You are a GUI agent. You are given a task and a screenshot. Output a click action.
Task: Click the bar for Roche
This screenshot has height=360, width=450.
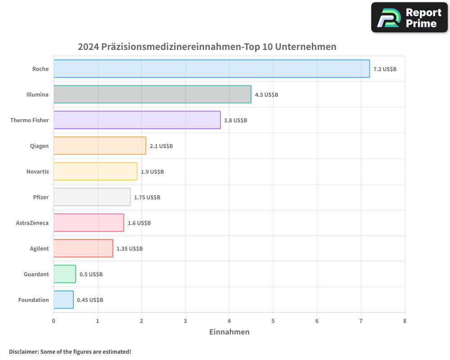(x=211, y=69)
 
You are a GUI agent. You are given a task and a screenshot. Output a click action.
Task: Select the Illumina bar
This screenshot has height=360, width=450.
(x=152, y=94)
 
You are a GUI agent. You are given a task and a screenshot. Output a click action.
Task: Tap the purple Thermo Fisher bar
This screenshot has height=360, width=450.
(x=137, y=120)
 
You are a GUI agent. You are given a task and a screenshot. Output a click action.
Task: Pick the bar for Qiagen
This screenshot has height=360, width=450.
(x=99, y=146)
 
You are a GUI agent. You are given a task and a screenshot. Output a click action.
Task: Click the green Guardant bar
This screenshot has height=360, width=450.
(x=64, y=274)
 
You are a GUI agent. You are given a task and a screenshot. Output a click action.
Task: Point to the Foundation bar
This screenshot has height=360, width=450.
(x=63, y=300)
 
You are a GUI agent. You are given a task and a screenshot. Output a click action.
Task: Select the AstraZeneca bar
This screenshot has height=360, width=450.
(x=89, y=223)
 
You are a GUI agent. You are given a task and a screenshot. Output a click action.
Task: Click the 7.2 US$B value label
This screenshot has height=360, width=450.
(x=385, y=69)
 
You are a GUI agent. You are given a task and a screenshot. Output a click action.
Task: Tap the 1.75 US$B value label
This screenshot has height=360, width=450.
(x=147, y=198)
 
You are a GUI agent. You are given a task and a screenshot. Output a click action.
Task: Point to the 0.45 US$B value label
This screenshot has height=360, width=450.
(x=90, y=300)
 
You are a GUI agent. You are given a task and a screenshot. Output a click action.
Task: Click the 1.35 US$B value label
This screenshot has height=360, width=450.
(x=130, y=249)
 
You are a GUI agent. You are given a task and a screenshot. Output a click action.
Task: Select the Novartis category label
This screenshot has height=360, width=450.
(x=37, y=172)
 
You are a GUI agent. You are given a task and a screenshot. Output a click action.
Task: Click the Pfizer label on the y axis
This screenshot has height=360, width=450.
(x=40, y=198)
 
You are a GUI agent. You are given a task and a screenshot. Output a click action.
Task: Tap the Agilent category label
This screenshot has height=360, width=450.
(x=39, y=249)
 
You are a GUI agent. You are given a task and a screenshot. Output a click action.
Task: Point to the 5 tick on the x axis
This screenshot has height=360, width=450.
(x=273, y=321)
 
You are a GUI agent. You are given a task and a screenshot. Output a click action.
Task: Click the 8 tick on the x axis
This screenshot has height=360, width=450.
(x=405, y=321)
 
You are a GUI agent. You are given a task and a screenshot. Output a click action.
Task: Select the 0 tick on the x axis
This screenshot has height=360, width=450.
(x=54, y=321)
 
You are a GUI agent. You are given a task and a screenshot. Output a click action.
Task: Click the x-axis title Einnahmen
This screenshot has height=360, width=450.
(x=229, y=332)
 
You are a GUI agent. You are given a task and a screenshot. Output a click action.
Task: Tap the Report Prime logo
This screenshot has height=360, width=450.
(x=409, y=18)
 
